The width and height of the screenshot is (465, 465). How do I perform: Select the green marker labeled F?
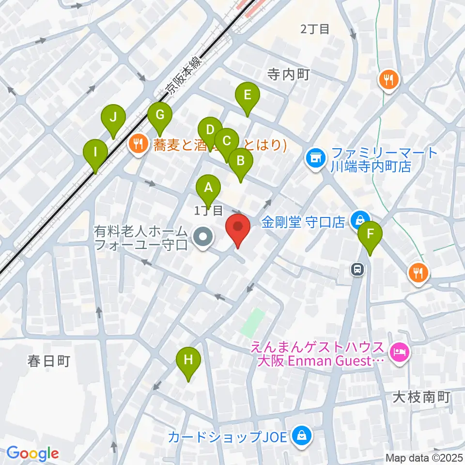371,234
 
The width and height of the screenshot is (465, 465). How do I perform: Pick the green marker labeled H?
188,360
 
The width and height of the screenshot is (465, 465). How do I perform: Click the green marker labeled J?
113,118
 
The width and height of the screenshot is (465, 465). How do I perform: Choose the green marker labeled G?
160,115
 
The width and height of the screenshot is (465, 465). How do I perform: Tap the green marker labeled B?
240,159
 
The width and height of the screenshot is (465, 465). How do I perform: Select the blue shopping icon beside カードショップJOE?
301,436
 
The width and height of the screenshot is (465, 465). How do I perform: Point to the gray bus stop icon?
357,268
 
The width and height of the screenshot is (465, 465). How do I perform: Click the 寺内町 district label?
289,74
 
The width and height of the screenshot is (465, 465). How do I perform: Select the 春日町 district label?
49,361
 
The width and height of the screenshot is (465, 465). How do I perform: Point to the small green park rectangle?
252,322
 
